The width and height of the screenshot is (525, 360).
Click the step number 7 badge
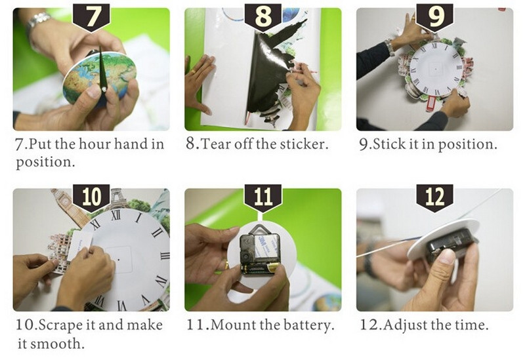pos(91,18)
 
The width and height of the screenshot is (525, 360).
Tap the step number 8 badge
pos(263,18)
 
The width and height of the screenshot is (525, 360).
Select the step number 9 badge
pos(434,18)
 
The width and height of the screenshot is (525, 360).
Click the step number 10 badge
pos(91,198)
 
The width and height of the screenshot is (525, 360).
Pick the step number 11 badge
pos(263,198)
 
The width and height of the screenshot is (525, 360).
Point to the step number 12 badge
pos(434,198)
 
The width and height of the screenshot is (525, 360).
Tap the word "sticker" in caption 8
pos(303,144)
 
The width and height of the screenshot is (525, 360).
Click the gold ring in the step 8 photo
pos(194,71)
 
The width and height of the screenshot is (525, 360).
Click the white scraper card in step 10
pos(80,246)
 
